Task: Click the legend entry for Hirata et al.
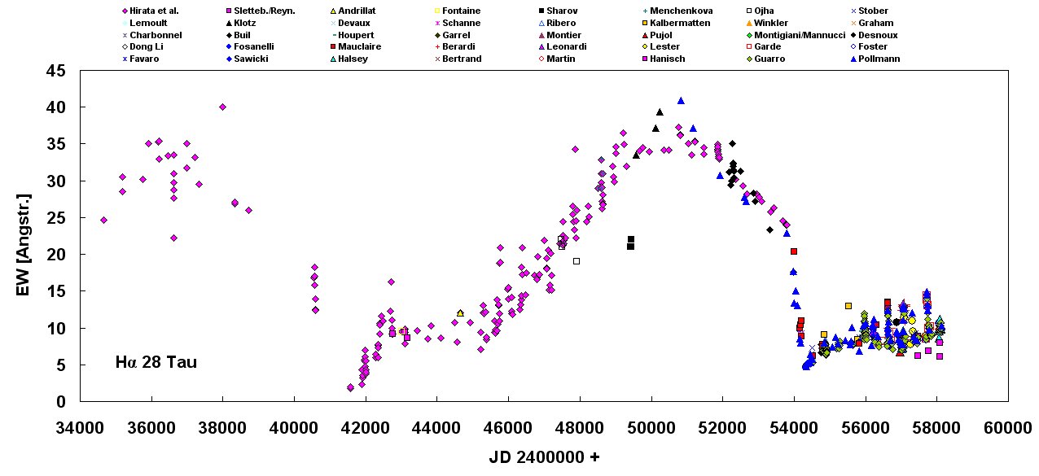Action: click(154, 11)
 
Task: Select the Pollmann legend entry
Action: click(878, 59)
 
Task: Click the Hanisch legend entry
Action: click(667, 59)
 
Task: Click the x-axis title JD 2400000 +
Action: click(544, 457)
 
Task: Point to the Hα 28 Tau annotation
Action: click(156, 363)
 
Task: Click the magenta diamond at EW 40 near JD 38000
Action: click(222, 107)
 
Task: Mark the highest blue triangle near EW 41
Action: click(681, 100)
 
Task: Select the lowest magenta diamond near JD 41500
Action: click(350, 388)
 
